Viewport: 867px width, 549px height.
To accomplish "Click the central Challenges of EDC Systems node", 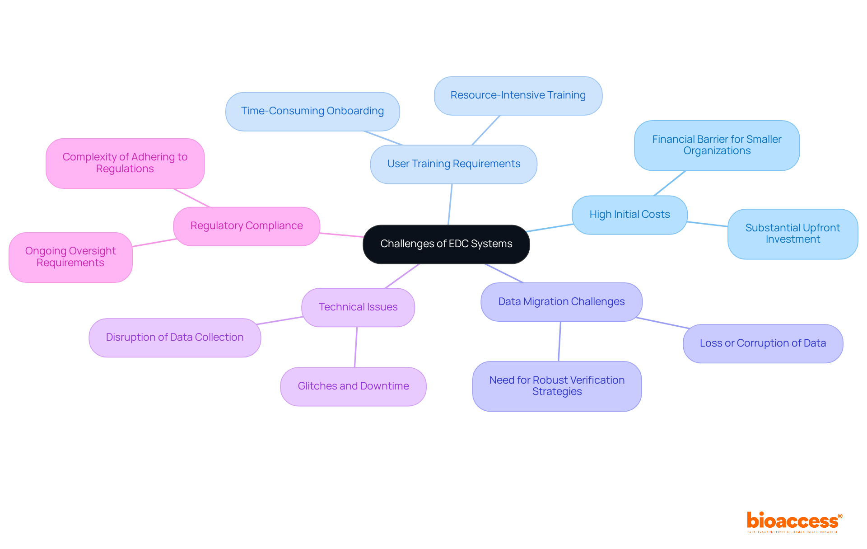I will [446, 244].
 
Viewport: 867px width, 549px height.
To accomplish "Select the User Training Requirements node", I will [453, 164].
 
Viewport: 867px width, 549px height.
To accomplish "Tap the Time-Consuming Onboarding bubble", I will [312, 111].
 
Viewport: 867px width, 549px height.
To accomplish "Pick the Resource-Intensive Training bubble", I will [518, 95].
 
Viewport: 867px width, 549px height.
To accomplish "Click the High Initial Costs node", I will [629, 215].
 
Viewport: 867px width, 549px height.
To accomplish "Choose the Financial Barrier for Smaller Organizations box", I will [717, 145].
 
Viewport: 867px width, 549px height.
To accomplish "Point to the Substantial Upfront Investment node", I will [792, 234].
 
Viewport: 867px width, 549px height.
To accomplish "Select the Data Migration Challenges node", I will [561, 302].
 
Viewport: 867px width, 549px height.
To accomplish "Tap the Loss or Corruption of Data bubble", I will [763, 343].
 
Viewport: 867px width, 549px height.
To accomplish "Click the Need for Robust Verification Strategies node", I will [557, 386].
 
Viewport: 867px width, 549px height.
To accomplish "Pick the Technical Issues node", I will [358, 307].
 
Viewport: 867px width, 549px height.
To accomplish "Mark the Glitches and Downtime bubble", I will [353, 386].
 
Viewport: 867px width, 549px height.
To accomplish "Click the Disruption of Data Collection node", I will [175, 338].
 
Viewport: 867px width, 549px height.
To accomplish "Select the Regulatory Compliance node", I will [247, 226].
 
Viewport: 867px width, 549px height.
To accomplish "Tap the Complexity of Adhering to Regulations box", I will [125, 163].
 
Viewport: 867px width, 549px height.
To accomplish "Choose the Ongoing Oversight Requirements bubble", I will [70, 257].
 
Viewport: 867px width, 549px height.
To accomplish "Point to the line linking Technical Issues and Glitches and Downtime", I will [356, 347].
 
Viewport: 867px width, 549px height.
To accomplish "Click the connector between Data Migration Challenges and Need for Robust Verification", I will [559, 341].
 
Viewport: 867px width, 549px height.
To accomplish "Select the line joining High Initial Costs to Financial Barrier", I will [670, 183].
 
